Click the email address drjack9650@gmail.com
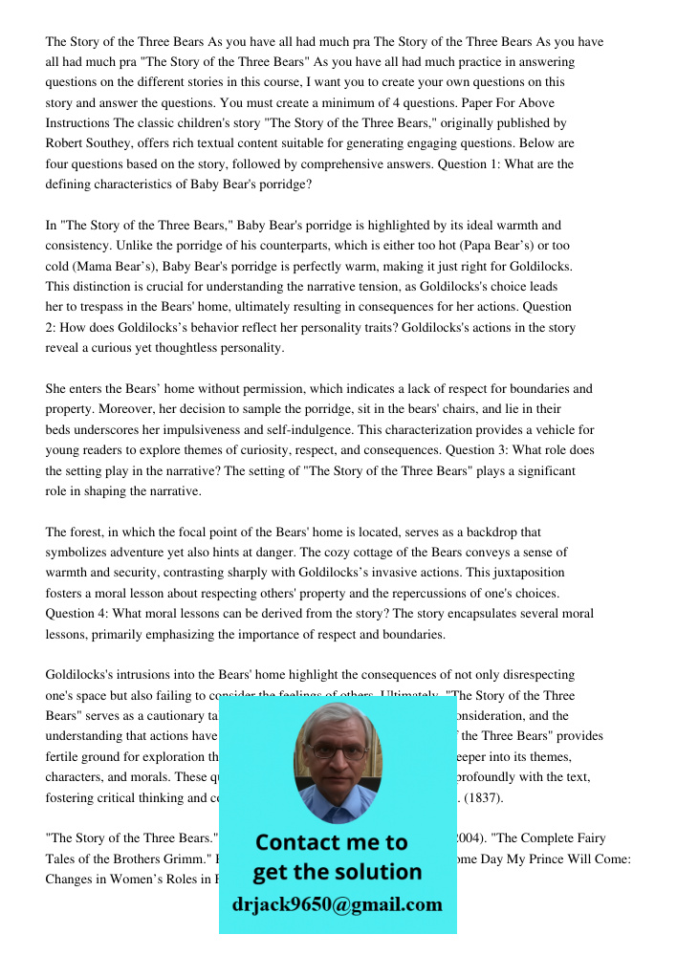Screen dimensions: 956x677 [x=337, y=903]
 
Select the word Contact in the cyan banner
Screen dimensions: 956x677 [x=297, y=842]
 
